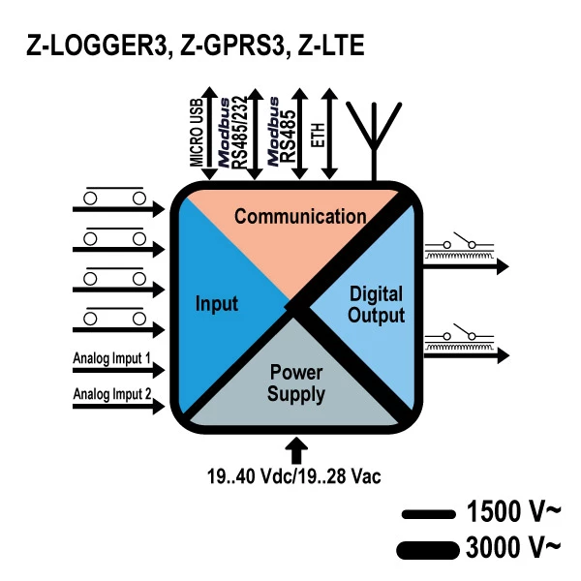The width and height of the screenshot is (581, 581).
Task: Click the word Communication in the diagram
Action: pyautogui.click(x=300, y=216)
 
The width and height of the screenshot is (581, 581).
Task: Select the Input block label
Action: pyautogui.click(x=217, y=303)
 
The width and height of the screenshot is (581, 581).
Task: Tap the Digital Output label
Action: pyautogui.click(x=376, y=304)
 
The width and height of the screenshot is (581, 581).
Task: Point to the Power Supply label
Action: pyautogui.click(x=296, y=382)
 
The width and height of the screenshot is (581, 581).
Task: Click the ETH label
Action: pyautogui.click(x=317, y=136)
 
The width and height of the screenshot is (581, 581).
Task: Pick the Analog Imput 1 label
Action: pyautogui.click(x=112, y=359)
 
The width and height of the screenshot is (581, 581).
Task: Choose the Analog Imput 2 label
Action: pyautogui.click(x=112, y=393)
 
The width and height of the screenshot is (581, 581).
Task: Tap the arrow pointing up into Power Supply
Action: pyautogui.click(x=297, y=449)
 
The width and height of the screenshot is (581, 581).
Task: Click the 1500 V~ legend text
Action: pyautogui.click(x=513, y=511)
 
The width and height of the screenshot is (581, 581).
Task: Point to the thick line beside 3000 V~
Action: pyautogui.click(x=426, y=549)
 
